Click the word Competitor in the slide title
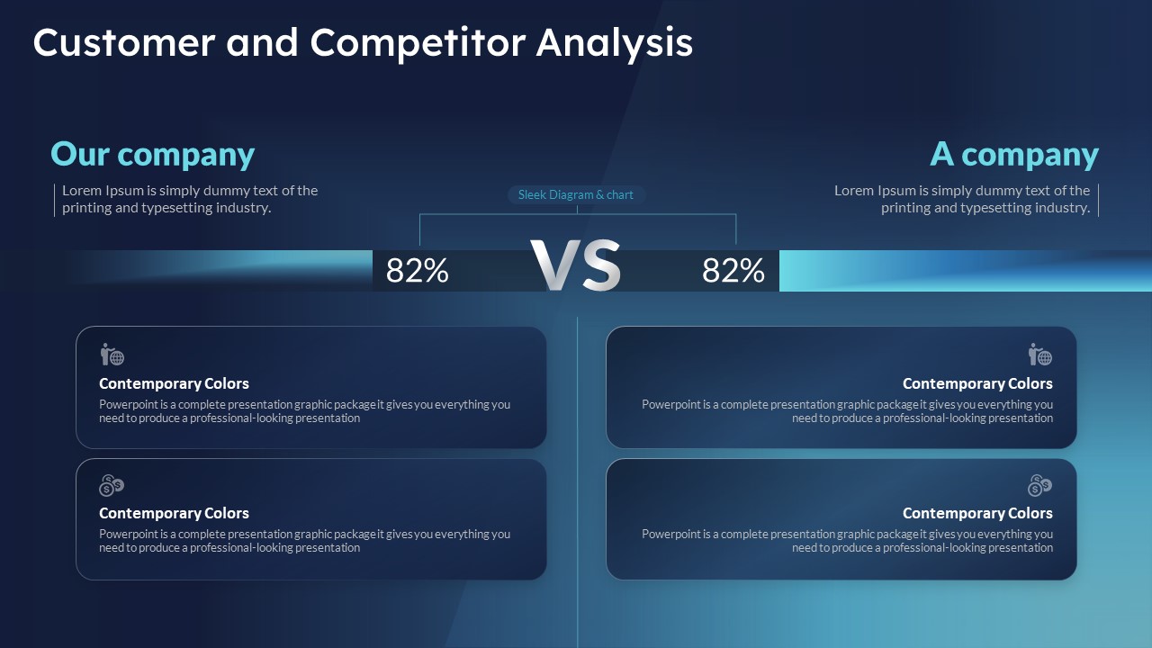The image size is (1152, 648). (418, 43)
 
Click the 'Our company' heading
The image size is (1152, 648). (153, 154)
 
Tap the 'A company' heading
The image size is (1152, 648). (1014, 154)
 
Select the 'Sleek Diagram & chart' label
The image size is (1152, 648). (575, 195)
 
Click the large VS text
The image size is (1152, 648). (575, 265)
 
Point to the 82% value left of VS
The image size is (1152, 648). (417, 271)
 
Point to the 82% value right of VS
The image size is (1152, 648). (733, 271)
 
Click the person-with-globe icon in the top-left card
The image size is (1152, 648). (112, 355)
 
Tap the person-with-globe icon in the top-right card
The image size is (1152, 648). (1039, 355)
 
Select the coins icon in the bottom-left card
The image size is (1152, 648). (112, 485)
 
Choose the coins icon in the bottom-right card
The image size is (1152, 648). (1039, 485)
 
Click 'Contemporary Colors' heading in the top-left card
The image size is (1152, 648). (174, 383)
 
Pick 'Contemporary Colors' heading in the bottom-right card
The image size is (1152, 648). (977, 513)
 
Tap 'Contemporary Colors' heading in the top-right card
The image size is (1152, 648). (977, 383)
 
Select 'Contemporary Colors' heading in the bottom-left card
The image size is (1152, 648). (174, 513)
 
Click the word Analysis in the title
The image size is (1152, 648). (615, 43)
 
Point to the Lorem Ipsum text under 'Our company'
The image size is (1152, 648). (190, 199)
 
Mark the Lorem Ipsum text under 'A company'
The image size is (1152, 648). (962, 199)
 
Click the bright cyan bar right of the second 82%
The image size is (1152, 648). (966, 271)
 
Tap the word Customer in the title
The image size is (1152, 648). (124, 42)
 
